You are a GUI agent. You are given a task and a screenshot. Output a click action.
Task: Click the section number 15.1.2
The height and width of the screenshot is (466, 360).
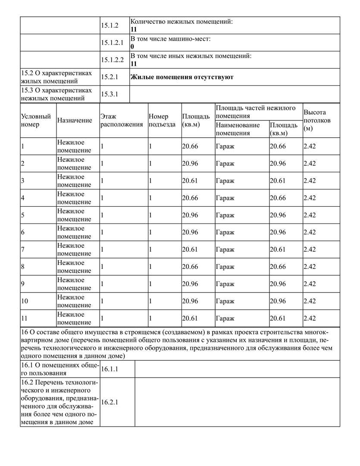[x=110, y=25]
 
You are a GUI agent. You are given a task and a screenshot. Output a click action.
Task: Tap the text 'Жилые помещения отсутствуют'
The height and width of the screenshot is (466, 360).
[x=182, y=77]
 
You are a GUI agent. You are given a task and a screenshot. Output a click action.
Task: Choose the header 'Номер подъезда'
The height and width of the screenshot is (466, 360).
[x=162, y=120]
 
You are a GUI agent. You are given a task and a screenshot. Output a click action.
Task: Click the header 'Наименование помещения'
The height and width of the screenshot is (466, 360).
[x=238, y=129]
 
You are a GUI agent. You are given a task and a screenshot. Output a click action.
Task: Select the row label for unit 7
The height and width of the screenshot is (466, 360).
[x=23, y=249]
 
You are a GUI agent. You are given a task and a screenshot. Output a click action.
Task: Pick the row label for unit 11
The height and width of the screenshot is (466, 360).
[x=24, y=318]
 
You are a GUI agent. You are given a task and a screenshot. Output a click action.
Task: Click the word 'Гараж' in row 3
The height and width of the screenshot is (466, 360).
[x=225, y=181]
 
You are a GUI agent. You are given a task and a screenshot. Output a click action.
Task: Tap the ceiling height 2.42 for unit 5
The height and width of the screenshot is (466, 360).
[x=310, y=215]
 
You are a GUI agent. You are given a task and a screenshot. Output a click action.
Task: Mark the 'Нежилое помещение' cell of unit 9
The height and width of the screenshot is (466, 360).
[x=74, y=284]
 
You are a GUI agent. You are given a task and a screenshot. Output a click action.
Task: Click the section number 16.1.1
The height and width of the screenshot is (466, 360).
[x=110, y=369]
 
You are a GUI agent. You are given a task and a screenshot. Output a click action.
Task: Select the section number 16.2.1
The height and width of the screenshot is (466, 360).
[x=110, y=402]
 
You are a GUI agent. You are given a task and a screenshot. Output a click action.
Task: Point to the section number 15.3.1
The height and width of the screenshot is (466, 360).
[x=110, y=94]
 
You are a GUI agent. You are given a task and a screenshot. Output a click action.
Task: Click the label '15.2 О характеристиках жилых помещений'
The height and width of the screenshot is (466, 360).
[x=56, y=77]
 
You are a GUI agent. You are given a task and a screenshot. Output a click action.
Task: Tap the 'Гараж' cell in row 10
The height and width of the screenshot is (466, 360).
[x=225, y=301]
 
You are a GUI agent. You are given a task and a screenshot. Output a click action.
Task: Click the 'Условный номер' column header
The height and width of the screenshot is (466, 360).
[x=36, y=120]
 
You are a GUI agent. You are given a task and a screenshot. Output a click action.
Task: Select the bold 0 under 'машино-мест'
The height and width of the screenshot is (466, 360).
[x=132, y=46]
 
